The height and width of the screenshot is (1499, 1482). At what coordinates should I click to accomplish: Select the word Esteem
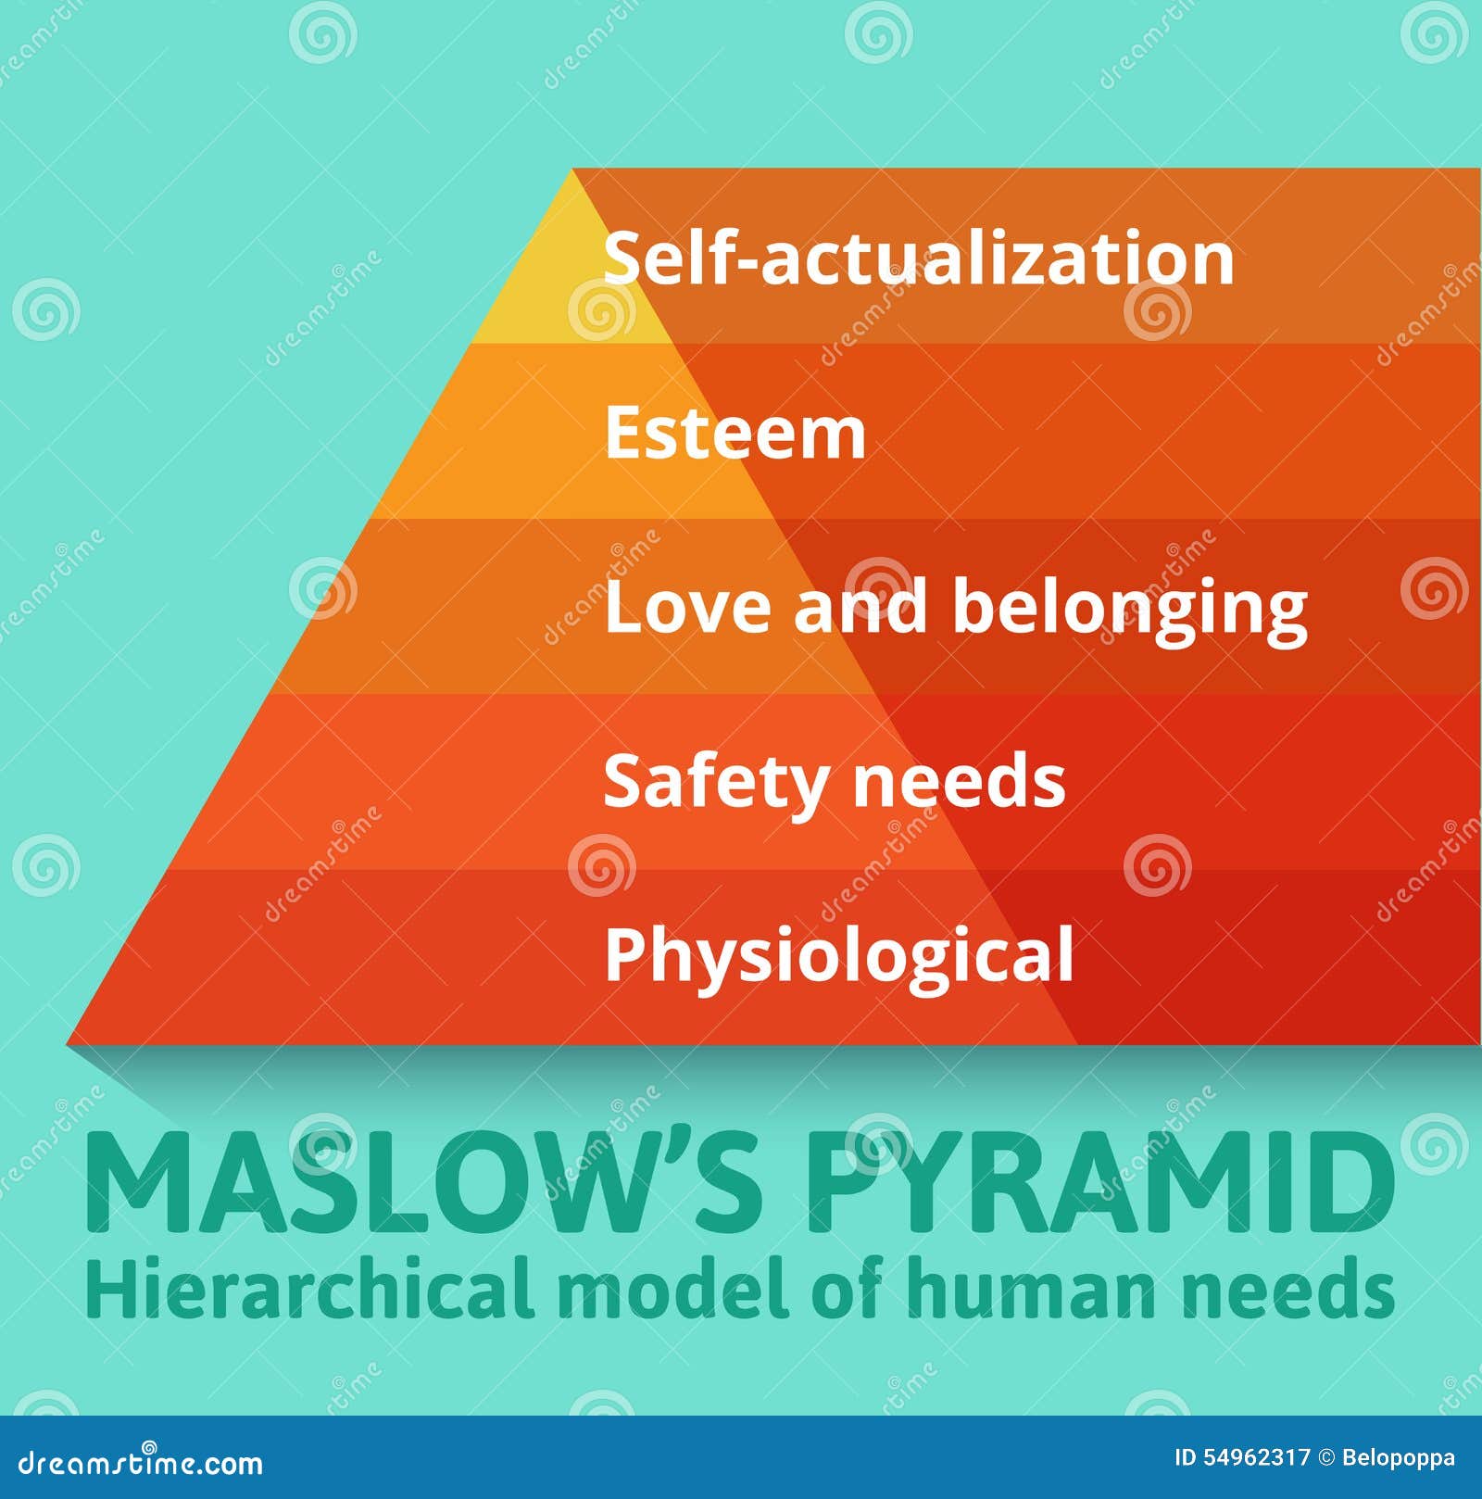pyautogui.click(x=735, y=433)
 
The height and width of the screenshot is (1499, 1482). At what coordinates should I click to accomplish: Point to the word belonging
pyautogui.click(x=1130, y=609)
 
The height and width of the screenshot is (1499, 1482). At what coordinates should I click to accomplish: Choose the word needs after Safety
pyautogui.click(x=959, y=781)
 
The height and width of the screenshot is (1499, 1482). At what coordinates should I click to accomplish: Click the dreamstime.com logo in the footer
pyautogui.click(x=141, y=1464)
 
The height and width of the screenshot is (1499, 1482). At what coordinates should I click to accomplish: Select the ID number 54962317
pyautogui.click(x=1257, y=1458)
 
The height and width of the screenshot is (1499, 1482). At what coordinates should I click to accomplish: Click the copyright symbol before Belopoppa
pyautogui.click(x=1327, y=1458)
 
